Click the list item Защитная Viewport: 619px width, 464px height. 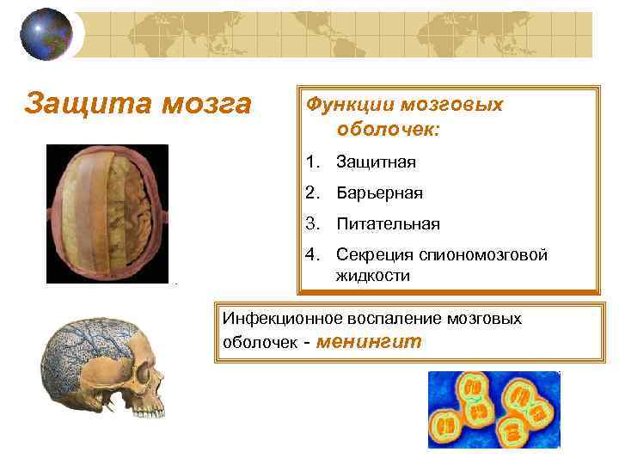[376, 162]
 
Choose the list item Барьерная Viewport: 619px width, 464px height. [379, 193]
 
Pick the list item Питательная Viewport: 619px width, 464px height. [388, 224]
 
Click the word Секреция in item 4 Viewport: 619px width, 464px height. [375, 255]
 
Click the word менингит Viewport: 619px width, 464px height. [370, 341]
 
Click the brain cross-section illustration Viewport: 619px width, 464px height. [107, 213]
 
